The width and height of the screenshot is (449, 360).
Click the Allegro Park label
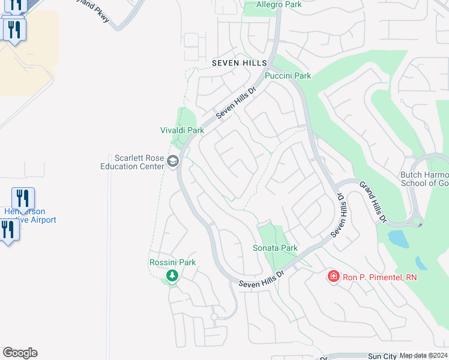pos(279,5)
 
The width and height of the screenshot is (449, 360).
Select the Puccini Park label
pos(288,76)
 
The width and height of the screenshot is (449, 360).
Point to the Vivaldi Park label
pos(182,130)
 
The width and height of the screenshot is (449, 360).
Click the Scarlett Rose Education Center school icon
pos(173,161)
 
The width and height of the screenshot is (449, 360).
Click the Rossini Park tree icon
pos(172,275)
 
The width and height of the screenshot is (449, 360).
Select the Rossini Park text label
pos(172,263)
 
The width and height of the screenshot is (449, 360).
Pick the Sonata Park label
pos(276,248)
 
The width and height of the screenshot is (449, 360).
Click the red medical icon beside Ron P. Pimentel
pos(333,277)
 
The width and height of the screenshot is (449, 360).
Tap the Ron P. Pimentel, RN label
pos(379,277)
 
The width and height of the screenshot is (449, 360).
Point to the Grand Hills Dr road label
pos(372,202)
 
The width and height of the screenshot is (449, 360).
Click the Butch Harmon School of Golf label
pos(424,179)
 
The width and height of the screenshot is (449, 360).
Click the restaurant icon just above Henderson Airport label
pos(23,197)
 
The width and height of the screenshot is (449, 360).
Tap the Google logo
pos(20,353)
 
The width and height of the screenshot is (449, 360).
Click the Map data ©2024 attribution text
pos(423,356)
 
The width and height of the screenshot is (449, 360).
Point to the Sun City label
pos(382,356)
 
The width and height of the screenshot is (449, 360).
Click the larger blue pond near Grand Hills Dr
pos(397,238)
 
